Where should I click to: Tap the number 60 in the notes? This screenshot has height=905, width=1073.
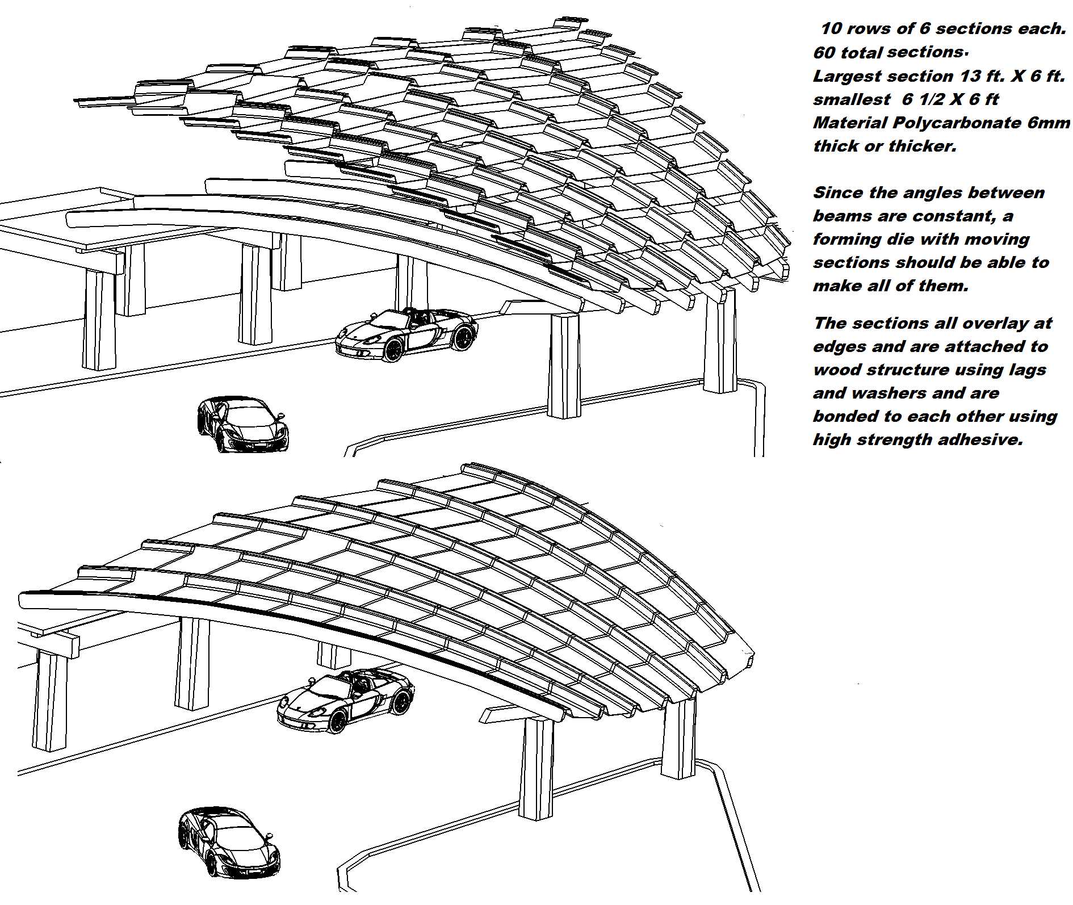click(x=824, y=53)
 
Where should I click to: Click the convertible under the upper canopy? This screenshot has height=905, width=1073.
click(x=406, y=334)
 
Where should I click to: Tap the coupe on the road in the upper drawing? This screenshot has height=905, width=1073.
click(x=242, y=424)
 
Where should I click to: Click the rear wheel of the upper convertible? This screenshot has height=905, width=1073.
click(x=464, y=338)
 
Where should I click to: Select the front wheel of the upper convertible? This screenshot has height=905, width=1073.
click(x=392, y=349)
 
